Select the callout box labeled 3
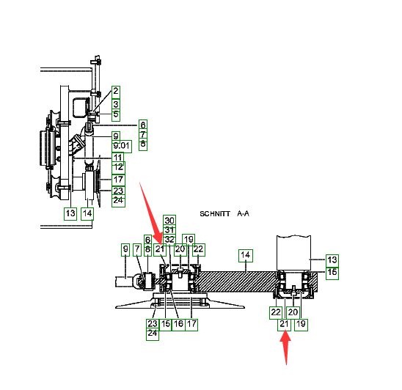tap(116, 105)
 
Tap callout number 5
tap(116, 115)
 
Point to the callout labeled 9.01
tap(122, 147)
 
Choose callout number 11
tap(117, 158)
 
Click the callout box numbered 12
tap(118, 168)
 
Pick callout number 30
tap(169, 221)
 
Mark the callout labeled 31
tap(169, 230)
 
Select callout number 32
tap(169, 240)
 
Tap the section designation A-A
tap(243, 213)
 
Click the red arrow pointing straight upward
tap(285, 347)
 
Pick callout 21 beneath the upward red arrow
tap(284, 325)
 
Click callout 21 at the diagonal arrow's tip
tap(160, 249)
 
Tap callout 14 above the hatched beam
tap(246, 255)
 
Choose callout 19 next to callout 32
tap(189, 240)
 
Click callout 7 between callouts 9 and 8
tap(137, 249)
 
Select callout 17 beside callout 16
tap(191, 325)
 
